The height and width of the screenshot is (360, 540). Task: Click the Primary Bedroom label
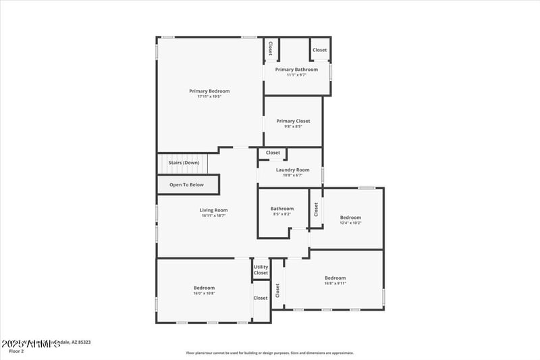click(209, 91)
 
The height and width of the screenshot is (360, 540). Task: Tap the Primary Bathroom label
click(296, 70)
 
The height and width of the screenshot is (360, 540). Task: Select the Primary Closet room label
click(293, 121)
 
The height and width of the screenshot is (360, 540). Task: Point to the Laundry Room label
click(292, 170)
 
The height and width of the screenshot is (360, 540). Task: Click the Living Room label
click(213, 210)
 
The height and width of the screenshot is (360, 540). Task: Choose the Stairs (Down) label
click(184, 163)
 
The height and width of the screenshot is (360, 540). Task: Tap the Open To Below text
click(186, 184)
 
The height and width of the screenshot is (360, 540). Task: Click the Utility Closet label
click(261, 269)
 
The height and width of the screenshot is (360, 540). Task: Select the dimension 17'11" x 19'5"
click(209, 97)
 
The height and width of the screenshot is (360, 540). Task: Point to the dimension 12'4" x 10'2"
click(350, 222)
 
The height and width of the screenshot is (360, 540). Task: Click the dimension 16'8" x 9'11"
click(335, 284)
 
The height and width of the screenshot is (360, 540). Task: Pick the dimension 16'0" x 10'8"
click(204, 293)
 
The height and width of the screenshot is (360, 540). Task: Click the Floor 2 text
click(16, 351)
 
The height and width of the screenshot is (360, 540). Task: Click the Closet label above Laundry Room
click(273, 153)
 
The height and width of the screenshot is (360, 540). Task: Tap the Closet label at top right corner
click(319, 50)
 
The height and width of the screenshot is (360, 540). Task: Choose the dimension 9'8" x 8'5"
click(293, 126)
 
